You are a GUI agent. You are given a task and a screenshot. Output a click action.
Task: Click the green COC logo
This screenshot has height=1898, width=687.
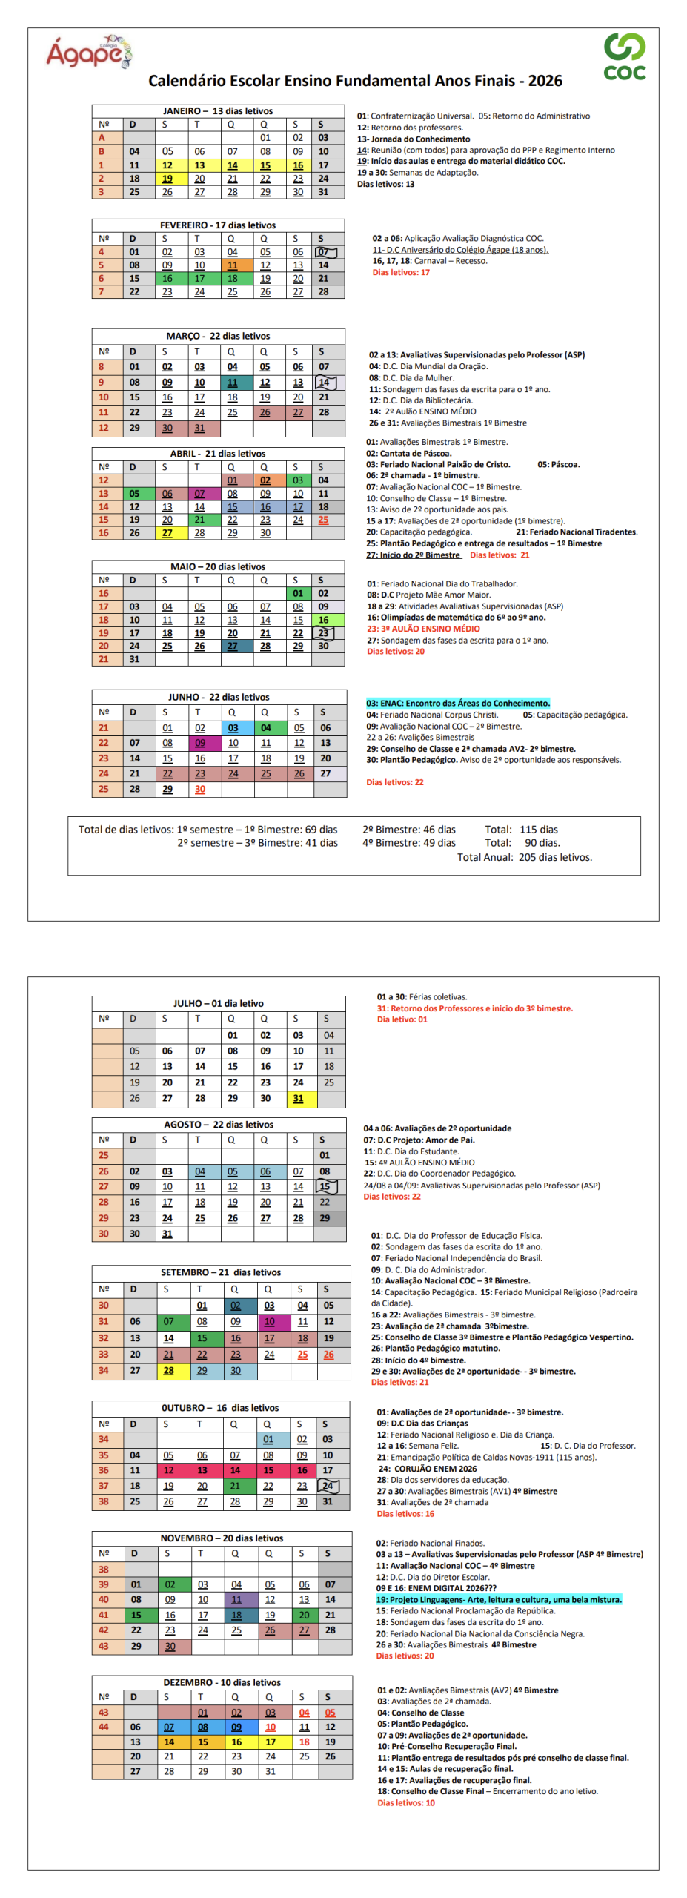click(x=624, y=56)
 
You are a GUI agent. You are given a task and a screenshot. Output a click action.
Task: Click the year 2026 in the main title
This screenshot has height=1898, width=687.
click(x=545, y=81)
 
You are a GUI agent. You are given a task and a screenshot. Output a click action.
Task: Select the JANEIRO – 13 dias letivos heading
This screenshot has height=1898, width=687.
click(x=218, y=111)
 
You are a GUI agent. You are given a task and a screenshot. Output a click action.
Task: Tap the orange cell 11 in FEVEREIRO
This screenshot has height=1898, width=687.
click(x=233, y=265)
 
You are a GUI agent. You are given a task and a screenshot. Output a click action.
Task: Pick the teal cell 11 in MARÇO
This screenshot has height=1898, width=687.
click(x=233, y=383)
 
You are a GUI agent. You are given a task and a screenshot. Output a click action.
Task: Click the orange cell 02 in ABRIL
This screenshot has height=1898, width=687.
click(x=265, y=480)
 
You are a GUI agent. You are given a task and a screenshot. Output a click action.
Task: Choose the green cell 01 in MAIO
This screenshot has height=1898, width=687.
click(x=298, y=593)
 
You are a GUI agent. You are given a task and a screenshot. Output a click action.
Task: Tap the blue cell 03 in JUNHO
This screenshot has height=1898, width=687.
click(x=233, y=728)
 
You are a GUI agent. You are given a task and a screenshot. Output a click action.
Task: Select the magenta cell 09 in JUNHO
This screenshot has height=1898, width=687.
click(x=201, y=743)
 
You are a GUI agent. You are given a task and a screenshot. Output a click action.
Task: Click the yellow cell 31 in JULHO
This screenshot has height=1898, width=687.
click(x=298, y=1098)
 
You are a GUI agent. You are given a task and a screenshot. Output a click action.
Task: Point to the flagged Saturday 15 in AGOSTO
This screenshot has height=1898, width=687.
click(x=325, y=1186)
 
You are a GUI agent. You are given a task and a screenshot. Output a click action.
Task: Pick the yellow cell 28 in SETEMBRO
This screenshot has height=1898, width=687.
click(x=169, y=1370)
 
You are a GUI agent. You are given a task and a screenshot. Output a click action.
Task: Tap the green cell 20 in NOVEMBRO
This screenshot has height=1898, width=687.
click(x=305, y=1614)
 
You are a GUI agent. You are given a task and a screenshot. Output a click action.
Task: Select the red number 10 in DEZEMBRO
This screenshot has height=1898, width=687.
click(x=271, y=1727)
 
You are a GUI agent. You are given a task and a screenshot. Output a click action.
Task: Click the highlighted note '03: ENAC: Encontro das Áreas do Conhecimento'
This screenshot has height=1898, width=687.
click(x=458, y=703)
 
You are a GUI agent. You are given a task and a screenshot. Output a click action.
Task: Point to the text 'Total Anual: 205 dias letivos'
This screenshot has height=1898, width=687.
click(x=524, y=857)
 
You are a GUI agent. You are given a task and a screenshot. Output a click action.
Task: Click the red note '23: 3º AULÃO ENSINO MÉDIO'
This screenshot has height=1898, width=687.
click(x=423, y=629)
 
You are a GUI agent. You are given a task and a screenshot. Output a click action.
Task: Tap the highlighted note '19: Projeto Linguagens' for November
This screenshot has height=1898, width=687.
click(x=498, y=1599)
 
